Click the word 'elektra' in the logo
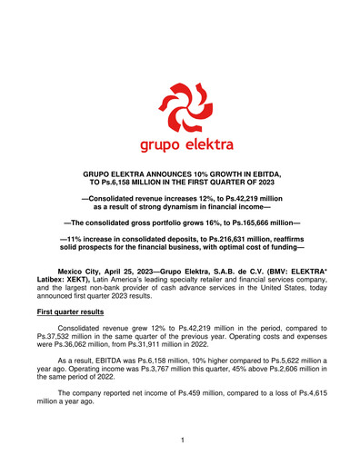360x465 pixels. [x=208, y=145]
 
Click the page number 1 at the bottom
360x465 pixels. [x=181, y=442]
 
